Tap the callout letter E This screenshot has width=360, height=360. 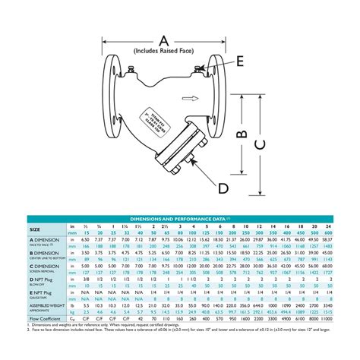point(241,63)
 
